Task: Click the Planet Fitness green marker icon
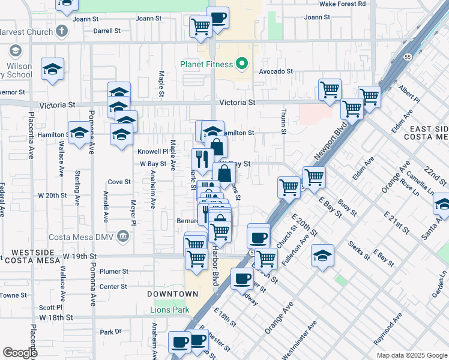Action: pos(243,63)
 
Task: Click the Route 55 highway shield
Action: pos(407,57)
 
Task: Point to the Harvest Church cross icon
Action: pos(62,30)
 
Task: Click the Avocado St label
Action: pos(276,71)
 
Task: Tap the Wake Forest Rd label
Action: pos(342,4)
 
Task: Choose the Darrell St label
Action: pos(107,30)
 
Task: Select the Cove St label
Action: pos(119,182)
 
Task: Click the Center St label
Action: pos(113,287)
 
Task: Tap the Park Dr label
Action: pos(110,332)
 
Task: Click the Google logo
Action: pos(20,353)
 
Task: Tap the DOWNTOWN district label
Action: pos(172,294)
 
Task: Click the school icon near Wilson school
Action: pos(53,69)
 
